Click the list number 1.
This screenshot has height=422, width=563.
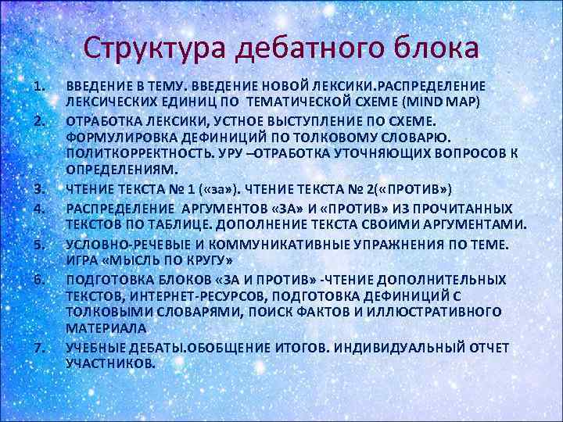[40, 85]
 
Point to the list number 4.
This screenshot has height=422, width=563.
[40, 209]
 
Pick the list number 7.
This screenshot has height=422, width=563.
[40, 346]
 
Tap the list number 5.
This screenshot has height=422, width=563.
[40, 244]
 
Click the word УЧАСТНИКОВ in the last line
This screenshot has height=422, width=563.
[111, 363]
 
